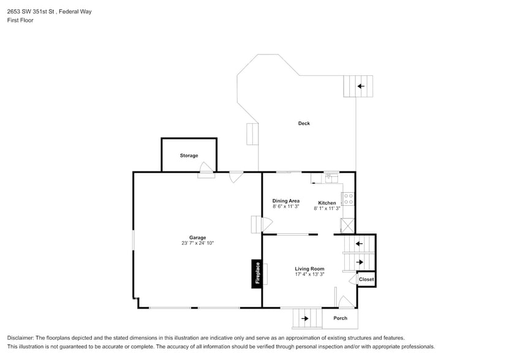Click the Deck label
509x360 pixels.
pyautogui.click(x=304, y=124)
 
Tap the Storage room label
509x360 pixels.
pyautogui.click(x=189, y=156)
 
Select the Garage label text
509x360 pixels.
pyautogui.click(x=197, y=238)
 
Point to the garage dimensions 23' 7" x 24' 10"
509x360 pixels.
pyautogui.click(x=197, y=243)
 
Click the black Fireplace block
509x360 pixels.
pyautogui.click(x=257, y=274)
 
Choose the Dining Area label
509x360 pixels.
pyautogui.click(x=285, y=201)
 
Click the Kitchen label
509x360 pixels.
pyautogui.click(x=327, y=203)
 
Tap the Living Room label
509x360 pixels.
pyautogui.click(x=309, y=269)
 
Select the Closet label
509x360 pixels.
pyautogui.click(x=366, y=279)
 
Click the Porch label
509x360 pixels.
pyautogui.click(x=340, y=318)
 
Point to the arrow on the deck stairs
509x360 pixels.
pyautogui.click(x=361, y=86)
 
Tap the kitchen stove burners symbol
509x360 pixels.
pyautogui.click(x=348, y=199)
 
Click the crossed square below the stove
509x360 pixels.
pyautogui.click(x=348, y=225)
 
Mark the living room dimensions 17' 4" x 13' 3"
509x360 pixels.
pyautogui.click(x=309, y=274)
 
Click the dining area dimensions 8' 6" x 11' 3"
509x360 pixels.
pyautogui.click(x=285, y=206)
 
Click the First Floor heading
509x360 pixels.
pyautogui.click(x=20, y=20)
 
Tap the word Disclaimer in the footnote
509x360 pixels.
pyautogui.click(x=21, y=338)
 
